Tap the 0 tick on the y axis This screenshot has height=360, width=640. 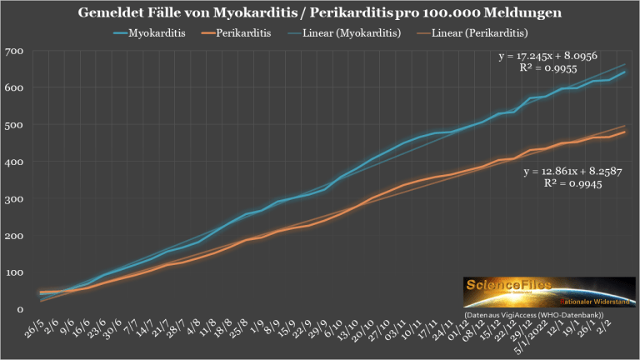[18, 309]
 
